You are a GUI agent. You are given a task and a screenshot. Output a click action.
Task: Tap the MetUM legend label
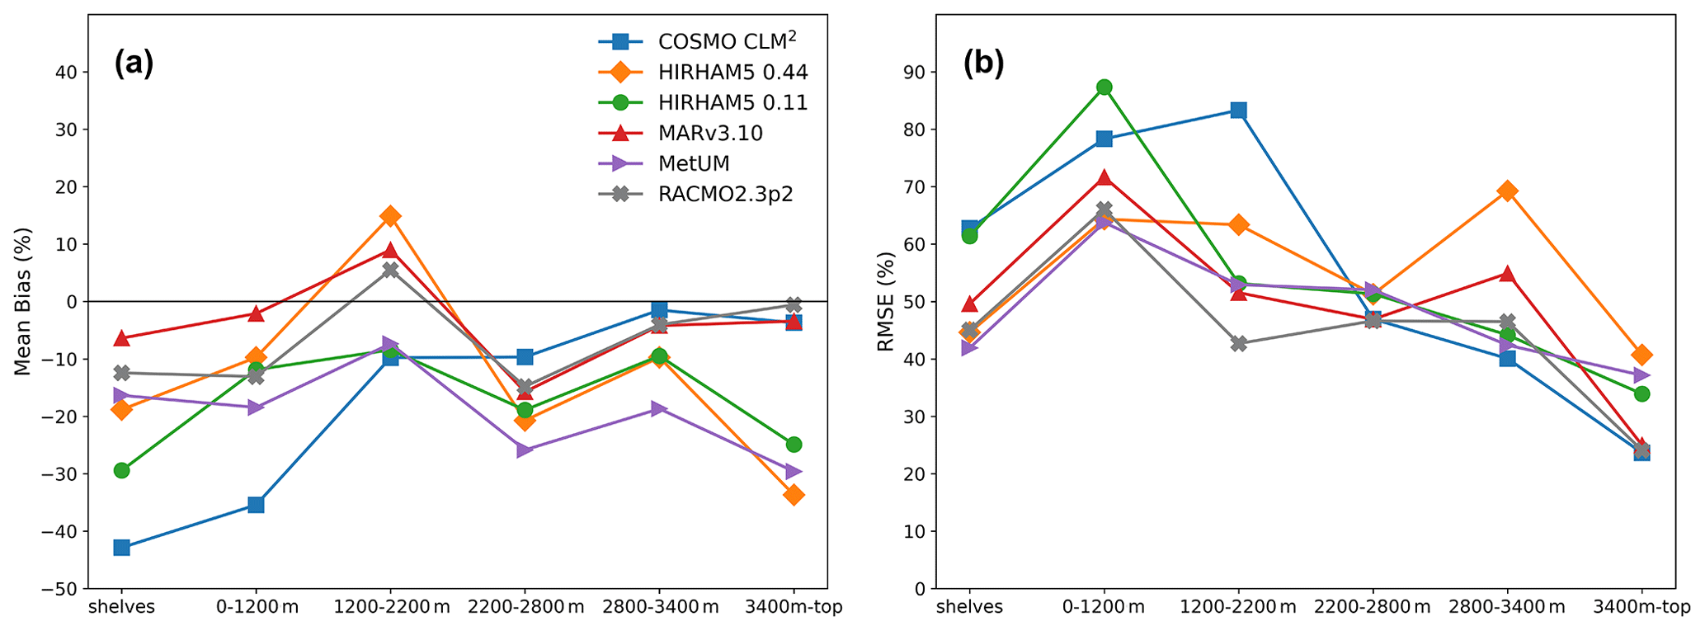point(694,163)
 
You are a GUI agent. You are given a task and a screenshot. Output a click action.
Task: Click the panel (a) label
point(134,64)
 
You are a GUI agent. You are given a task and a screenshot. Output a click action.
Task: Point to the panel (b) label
point(983,64)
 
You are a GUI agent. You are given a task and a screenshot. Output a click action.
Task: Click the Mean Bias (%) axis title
point(23,301)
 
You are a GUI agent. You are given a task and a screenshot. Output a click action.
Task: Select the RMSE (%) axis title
point(886,301)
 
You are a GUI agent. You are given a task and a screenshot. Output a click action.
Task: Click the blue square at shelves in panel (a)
point(121,548)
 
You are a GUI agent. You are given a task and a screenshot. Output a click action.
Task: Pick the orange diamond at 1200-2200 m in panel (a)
point(390,216)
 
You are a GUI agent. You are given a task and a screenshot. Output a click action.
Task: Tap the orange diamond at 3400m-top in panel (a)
point(794,495)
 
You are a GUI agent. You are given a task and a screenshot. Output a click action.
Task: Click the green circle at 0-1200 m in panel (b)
point(1104,87)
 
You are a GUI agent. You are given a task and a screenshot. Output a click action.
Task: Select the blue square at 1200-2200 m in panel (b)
point(1238,111)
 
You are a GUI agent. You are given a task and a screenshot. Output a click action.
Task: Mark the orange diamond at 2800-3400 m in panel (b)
point(1507,191)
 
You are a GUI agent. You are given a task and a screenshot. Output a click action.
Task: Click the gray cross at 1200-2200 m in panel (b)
point(1238,344)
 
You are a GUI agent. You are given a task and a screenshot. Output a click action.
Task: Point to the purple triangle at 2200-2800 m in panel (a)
point(525,450)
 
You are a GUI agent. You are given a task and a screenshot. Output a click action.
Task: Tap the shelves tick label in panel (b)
point(969,608)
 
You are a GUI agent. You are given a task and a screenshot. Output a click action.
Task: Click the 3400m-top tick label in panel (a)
point(794,608)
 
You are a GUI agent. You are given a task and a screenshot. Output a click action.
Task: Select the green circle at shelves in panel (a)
point(121,470)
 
